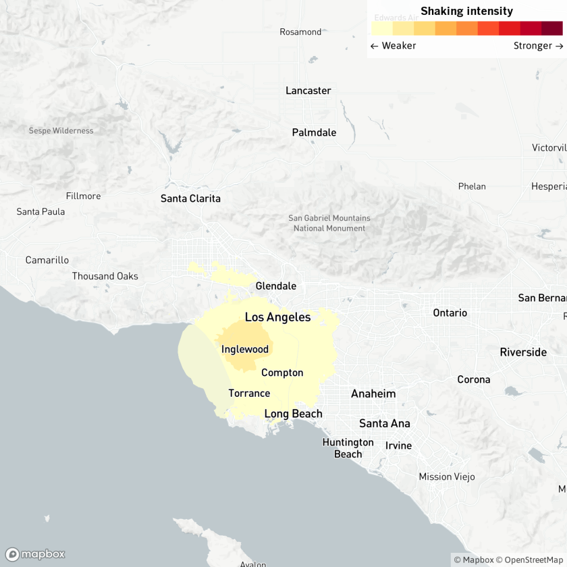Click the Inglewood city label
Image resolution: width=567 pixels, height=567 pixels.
pos(245,349)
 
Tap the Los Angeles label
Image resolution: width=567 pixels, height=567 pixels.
pos(277,317)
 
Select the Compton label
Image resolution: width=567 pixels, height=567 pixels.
pos(282,373)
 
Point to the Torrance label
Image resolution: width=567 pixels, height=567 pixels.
pos(249,394)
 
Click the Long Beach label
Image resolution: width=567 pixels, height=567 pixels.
pos(293,414)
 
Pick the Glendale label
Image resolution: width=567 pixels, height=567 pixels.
pos(275,286)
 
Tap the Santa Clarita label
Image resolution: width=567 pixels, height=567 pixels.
pos(190,198)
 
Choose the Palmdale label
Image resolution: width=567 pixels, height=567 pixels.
pos(314,132)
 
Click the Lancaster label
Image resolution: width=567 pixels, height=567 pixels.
pos(308,90)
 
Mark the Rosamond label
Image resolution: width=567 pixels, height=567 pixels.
pos(300,32)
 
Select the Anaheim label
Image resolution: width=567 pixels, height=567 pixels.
pos(373,394)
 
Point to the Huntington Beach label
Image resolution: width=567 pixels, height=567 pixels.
pos(348,448)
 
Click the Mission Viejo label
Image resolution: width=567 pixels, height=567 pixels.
pos(447,477)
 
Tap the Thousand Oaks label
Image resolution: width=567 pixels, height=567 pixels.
pos(105,276)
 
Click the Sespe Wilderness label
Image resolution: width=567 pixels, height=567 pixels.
pos(61,130)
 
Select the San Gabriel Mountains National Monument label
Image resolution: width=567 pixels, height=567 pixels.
pos(329,223)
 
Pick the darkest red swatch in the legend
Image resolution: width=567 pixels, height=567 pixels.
pos(551,28)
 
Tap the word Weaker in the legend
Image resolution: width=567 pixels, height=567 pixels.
pos(398,46)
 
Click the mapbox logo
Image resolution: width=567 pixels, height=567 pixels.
pos(35,554)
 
